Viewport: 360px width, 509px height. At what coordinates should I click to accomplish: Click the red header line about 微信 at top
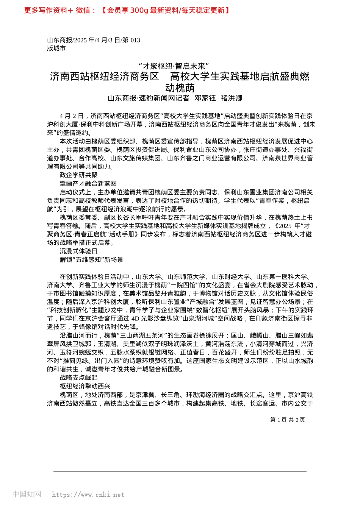(x=127, y=10)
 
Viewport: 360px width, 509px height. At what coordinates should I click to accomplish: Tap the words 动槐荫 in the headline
(x=180, y=88)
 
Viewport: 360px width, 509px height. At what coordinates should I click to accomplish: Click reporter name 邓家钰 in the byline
(x=205, y=98)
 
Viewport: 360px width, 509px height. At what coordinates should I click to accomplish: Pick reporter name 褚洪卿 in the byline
(x=231, y=98)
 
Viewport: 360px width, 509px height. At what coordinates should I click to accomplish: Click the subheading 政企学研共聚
(x=79, y=175)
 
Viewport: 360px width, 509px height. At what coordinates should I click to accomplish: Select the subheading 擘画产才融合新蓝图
(x=88, y=183)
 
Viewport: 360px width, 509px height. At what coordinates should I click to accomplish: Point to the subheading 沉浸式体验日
(x=79, y=251)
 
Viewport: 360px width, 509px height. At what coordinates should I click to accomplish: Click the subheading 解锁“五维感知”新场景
(x=91, y=259)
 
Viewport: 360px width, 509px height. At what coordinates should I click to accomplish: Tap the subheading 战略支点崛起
(x=79, y=378)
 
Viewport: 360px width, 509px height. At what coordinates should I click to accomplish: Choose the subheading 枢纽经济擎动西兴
(x=85, y=386)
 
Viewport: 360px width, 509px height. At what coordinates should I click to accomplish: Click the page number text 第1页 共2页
(x=288, y=420)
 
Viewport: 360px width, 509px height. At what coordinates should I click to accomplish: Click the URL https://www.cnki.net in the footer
(x=88, y=495)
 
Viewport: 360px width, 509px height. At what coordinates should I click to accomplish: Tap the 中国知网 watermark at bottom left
(x=27, y=494)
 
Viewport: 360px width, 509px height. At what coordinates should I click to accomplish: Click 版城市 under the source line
(x=56, y=48)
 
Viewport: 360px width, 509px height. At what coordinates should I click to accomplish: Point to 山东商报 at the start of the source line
(x=59, y=40)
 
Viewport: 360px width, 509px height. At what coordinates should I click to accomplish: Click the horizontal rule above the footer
(x=180, y=472)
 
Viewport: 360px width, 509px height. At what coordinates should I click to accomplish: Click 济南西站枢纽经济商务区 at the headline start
(x=105, y=77)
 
